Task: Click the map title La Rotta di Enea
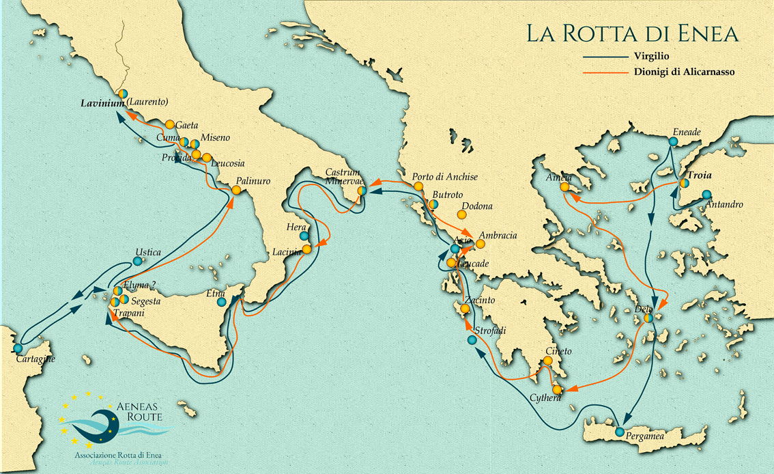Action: tap(631, 34)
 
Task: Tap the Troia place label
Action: tap(700, 175)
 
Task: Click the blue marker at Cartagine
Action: tap(18, 348)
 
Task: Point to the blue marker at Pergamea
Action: tap(619, 432)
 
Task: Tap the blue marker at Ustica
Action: tap(138, 261)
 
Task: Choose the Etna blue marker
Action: tap(221, 301)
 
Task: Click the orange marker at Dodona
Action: tap(461, 214)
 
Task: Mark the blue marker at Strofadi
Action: tap(472, 339)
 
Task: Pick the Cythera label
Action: tap(545, 398)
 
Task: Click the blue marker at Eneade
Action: tap(673, 141)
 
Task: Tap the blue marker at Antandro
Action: tap(706, 194)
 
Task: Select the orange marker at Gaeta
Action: tap(169, 125)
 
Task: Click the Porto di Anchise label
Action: tap(444, 177)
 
